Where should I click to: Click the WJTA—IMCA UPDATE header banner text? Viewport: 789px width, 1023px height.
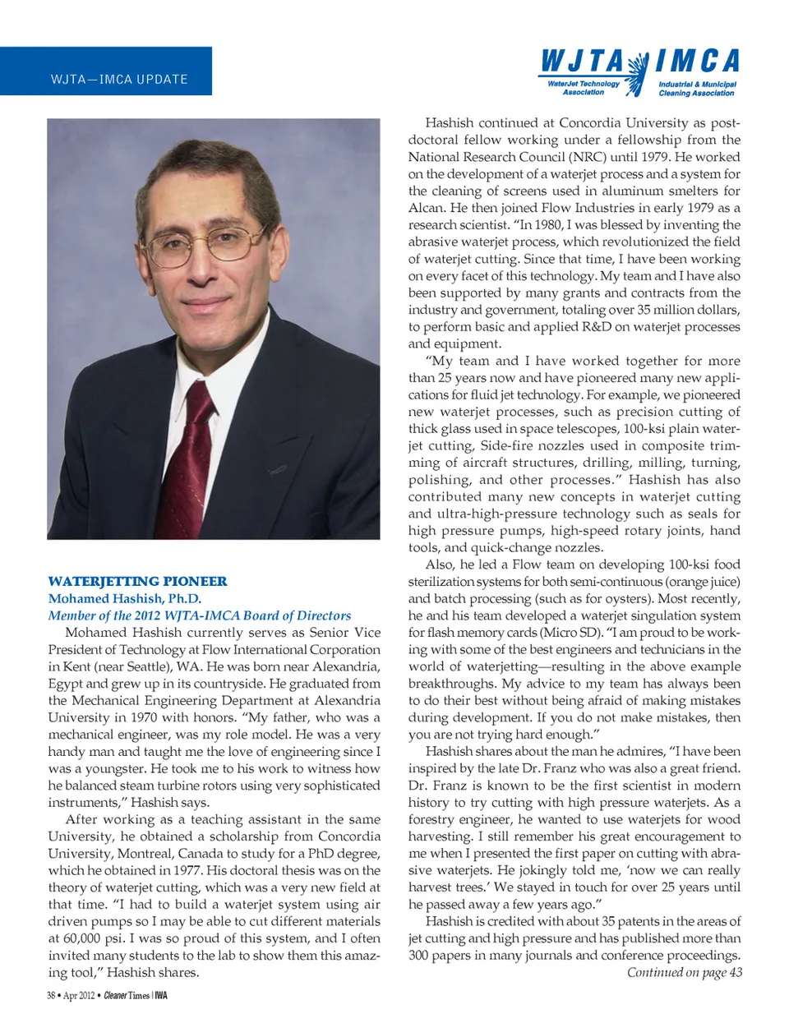(x=119, y=80)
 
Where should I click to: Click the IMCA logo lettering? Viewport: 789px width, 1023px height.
(x=698, y=61)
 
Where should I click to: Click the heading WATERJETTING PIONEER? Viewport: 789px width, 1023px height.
(x=137, y=581)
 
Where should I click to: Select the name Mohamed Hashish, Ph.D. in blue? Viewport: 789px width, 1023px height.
(x=124, y=598)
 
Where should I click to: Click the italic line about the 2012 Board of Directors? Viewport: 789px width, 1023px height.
(x=199, y=615)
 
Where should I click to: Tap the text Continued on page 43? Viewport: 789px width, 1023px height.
(x=684, y=972)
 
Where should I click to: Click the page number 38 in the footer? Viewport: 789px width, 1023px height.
(x=51, y=995)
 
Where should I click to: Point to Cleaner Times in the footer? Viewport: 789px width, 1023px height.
(x=127, y=995)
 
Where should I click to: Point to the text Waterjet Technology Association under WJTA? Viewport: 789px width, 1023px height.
(x=584, y=88)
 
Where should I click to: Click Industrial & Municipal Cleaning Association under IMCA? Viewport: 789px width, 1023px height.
(x=697, y=89)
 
